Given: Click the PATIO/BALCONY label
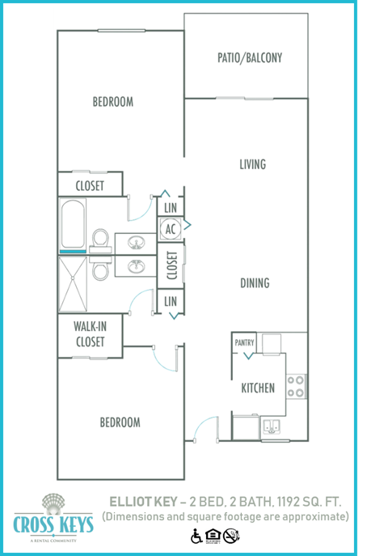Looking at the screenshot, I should click(249, 58).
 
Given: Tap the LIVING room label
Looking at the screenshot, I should click(252, 164).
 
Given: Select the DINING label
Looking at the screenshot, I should click(254, 283).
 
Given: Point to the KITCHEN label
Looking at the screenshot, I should click(258, 388).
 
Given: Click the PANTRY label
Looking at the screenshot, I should click(244, 343).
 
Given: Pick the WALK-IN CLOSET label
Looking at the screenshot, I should click(89, 334).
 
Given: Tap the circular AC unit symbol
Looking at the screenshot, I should click(171, 229).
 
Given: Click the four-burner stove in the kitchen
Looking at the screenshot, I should click(297, 386).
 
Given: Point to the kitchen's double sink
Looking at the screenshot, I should click(270, 426).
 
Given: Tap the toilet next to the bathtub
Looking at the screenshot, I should click(101, 239).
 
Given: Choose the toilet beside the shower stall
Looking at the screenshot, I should click(101, 270).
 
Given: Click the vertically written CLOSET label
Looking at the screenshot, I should click(171, 265).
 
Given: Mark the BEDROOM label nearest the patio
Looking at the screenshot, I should click(112, 102).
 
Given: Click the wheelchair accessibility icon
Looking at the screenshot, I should click(196, 536).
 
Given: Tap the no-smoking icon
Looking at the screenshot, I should click(231, 536).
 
